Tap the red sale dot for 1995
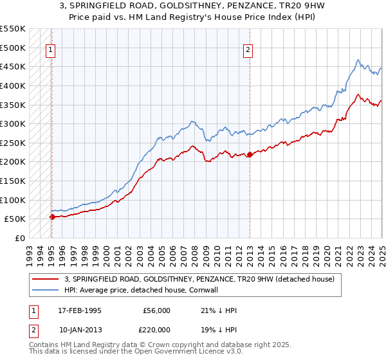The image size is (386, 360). [52, 217]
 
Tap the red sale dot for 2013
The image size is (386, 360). [250, 154]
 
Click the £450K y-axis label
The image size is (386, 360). [13, 66]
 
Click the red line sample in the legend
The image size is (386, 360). [45, 280]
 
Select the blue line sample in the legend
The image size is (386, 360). [45, 291]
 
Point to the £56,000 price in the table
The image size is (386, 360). [157, 310]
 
